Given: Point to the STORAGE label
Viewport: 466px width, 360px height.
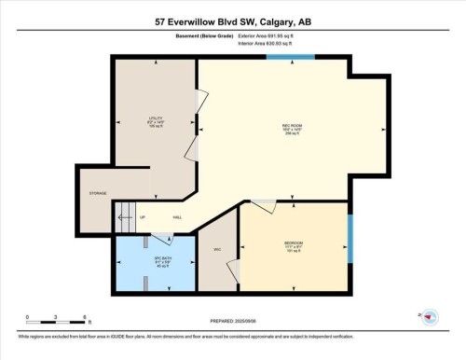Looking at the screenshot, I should pyautogui.click(x=98, y=194).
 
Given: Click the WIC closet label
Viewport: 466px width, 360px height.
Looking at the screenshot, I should pyautogui.click(x=216, y=249).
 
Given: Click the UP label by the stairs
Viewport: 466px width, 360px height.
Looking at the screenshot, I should pyautogui.click(x=143, y=217).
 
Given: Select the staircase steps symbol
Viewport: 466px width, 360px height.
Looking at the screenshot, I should pyautogui.click(x=125, y=219).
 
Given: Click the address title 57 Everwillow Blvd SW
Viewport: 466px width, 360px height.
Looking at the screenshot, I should pyautogui.click(x=232, y=21).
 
